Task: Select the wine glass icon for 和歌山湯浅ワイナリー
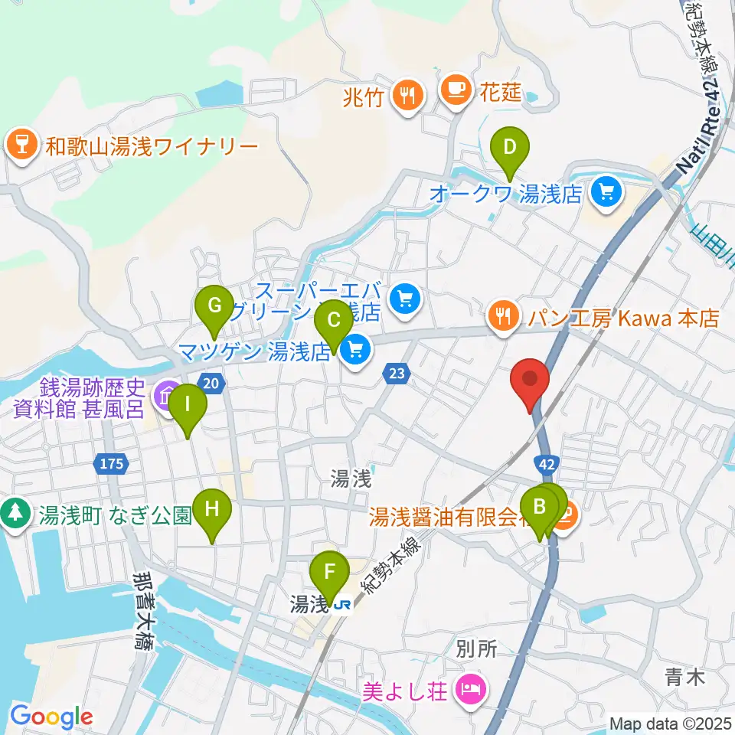tap(21, 146)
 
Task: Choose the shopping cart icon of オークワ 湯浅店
tap(606, 191)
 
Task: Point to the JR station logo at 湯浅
tap(344, 605)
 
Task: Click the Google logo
tap(51, 717)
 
